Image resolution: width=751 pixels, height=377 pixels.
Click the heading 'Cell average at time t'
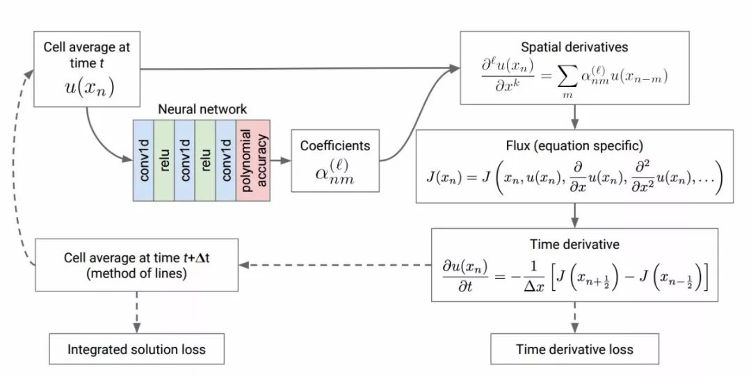(86, 54)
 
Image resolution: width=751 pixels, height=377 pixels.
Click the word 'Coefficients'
(335, 146)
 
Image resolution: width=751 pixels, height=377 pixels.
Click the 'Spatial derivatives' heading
(574, 47)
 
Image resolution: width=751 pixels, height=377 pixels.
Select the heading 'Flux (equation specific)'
(574, 146)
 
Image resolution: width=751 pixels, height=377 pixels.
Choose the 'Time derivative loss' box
(574, 349)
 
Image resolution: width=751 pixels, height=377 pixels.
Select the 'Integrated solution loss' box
(136, 349)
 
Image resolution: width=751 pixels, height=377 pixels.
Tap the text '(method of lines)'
(136, 274)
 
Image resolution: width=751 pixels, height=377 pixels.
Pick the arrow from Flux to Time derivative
(574, 215)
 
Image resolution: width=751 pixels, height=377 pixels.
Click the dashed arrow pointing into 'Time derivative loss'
(574, 317)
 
